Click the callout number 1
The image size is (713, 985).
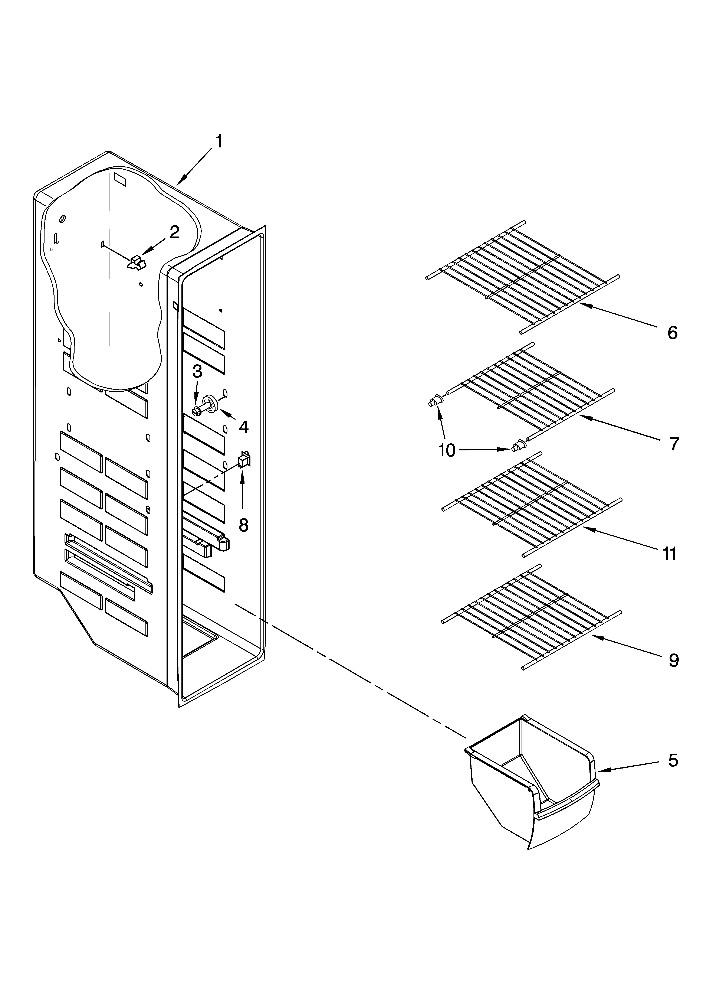click(219, 142)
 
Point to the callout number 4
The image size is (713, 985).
click(244, 427)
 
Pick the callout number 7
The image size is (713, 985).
click(673, 444)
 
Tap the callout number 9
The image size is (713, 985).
click(673, 660)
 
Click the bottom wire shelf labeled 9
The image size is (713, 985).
click(530, 617)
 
